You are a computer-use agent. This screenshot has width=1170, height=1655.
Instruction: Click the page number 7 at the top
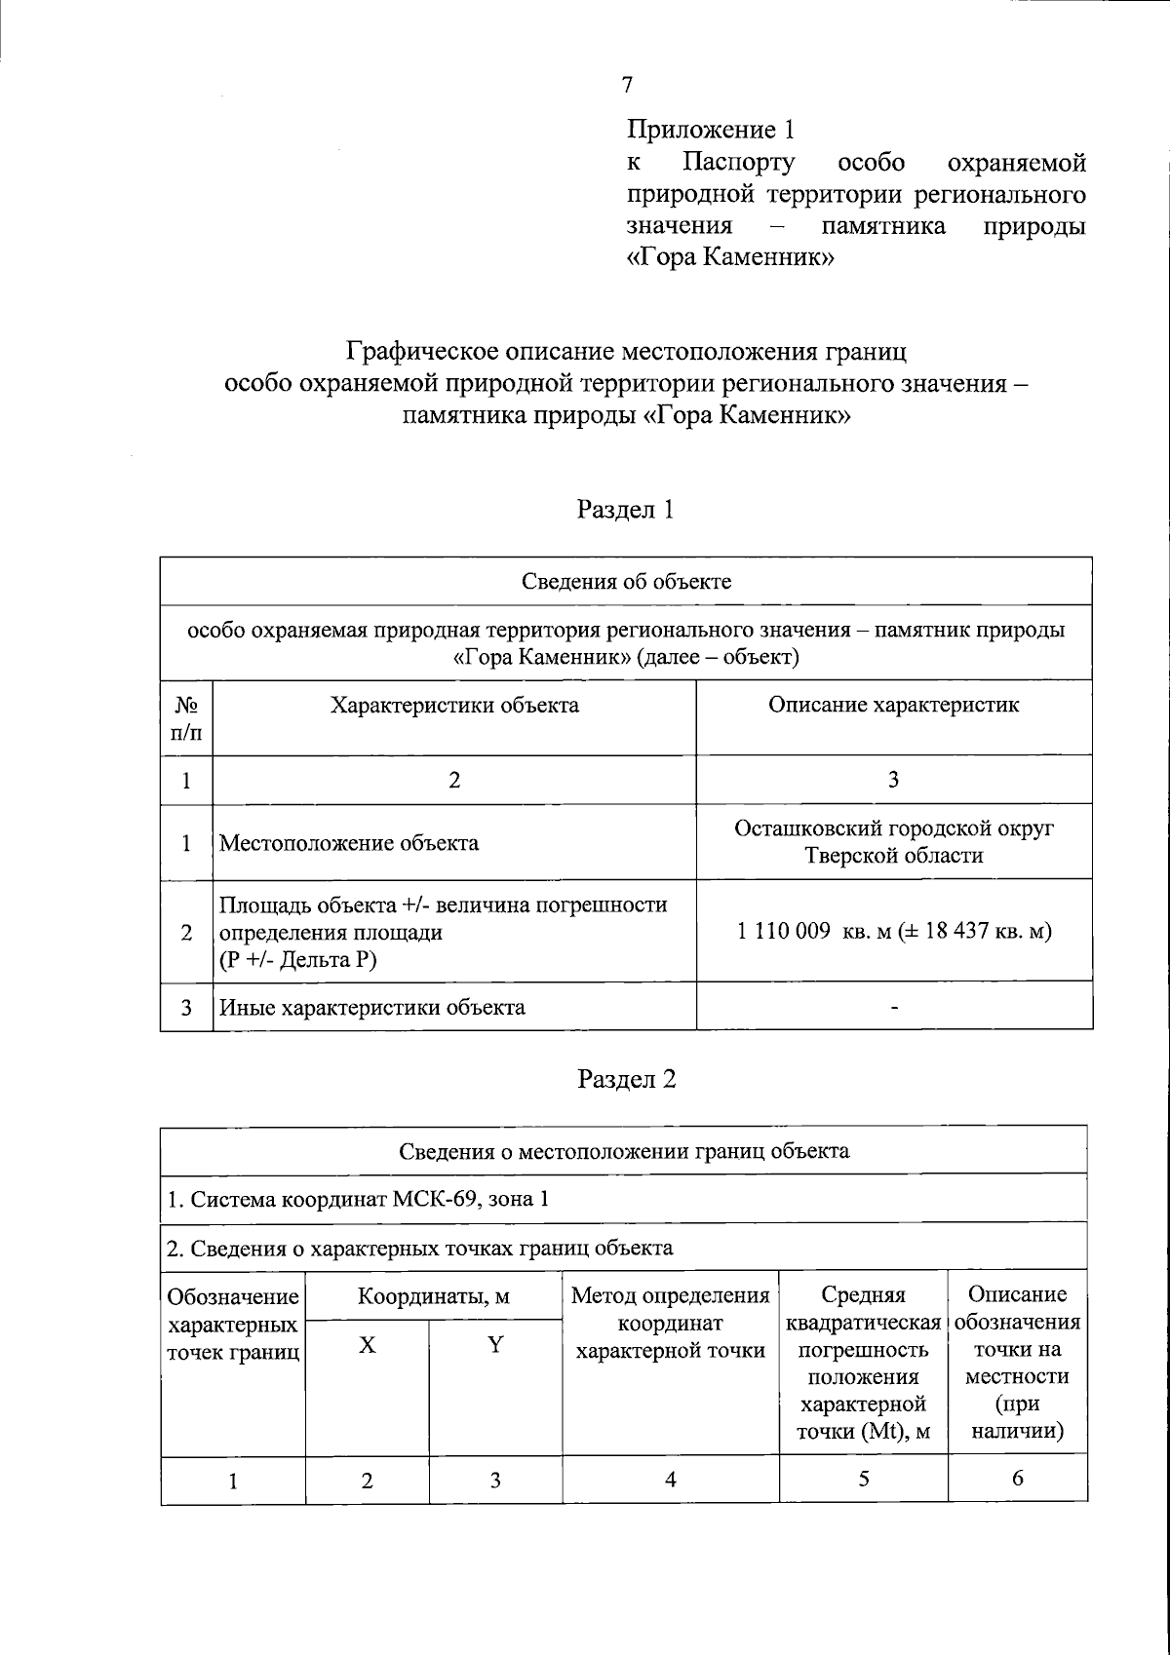click(627, 85)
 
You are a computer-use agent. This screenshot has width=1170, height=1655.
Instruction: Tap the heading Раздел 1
click(625, 510)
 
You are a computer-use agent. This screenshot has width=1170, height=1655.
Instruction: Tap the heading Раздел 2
click(626, 1079)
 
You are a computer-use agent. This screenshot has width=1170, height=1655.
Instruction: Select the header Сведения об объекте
click(626, 582)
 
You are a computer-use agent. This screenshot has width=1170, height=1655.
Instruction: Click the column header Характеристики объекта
click(454, 705)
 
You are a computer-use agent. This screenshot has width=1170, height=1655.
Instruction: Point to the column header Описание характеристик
click(893, 705)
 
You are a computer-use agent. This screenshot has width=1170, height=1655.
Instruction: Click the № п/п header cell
click(186, 717)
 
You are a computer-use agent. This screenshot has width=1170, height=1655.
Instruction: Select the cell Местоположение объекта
click(349, 843)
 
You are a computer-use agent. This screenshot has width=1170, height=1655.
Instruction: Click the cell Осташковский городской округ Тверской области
click(893, 842)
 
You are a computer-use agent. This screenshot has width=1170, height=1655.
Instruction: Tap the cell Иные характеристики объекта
click(372, 1007)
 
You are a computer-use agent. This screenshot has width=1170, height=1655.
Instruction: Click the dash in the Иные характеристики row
click(893, 1007)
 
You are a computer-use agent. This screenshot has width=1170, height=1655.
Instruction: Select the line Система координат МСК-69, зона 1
click(359, 1198)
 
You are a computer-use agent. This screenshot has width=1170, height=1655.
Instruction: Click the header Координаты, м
click(434, 1297)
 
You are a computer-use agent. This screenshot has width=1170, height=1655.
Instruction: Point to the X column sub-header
click(367, 1346)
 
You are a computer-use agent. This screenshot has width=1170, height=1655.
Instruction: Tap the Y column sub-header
click(495, 1346)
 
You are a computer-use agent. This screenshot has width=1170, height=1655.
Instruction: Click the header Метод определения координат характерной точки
click(670, 1324)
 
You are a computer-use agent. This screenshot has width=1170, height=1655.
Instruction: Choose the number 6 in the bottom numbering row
click(1017, 1480)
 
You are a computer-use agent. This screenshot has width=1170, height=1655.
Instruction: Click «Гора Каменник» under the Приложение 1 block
click(730, 258)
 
